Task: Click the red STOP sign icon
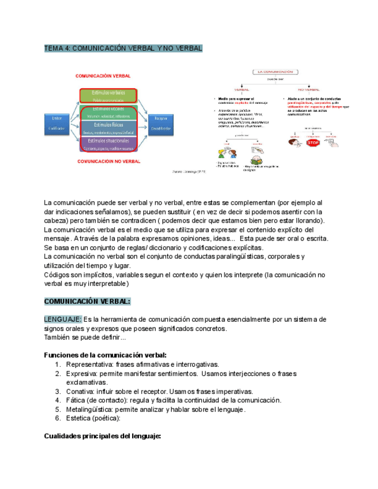point(313,142)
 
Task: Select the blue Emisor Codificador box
point(57,123)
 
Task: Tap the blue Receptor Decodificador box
point(160,123)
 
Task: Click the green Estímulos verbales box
point(107,95)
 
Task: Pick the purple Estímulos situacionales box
point(107,143)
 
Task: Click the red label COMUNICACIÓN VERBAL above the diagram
point(103,76)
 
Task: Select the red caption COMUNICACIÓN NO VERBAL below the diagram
point(109,162)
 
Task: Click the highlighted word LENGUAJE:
point(63,319)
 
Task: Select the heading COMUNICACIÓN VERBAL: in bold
point(87,302)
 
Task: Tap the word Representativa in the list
point(89,364)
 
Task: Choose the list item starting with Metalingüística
point(156,409)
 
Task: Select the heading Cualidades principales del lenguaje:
point(102,436)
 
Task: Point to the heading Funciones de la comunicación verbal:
point(106,355)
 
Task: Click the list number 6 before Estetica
point(58,419)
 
